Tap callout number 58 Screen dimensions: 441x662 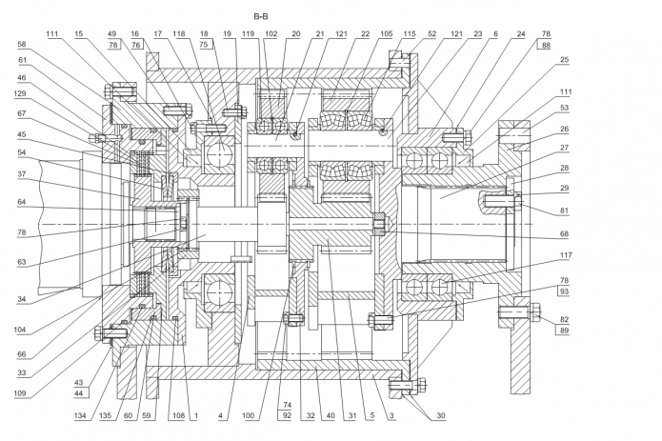click(x=22, y=45)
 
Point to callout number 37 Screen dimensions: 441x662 click(x=22, y=174)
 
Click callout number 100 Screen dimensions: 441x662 click(x=251, y=415)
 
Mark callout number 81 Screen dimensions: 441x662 click(x=566, y=210)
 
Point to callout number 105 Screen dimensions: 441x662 click(x=386, y=32)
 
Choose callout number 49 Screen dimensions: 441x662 click(x=113, y=32)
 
